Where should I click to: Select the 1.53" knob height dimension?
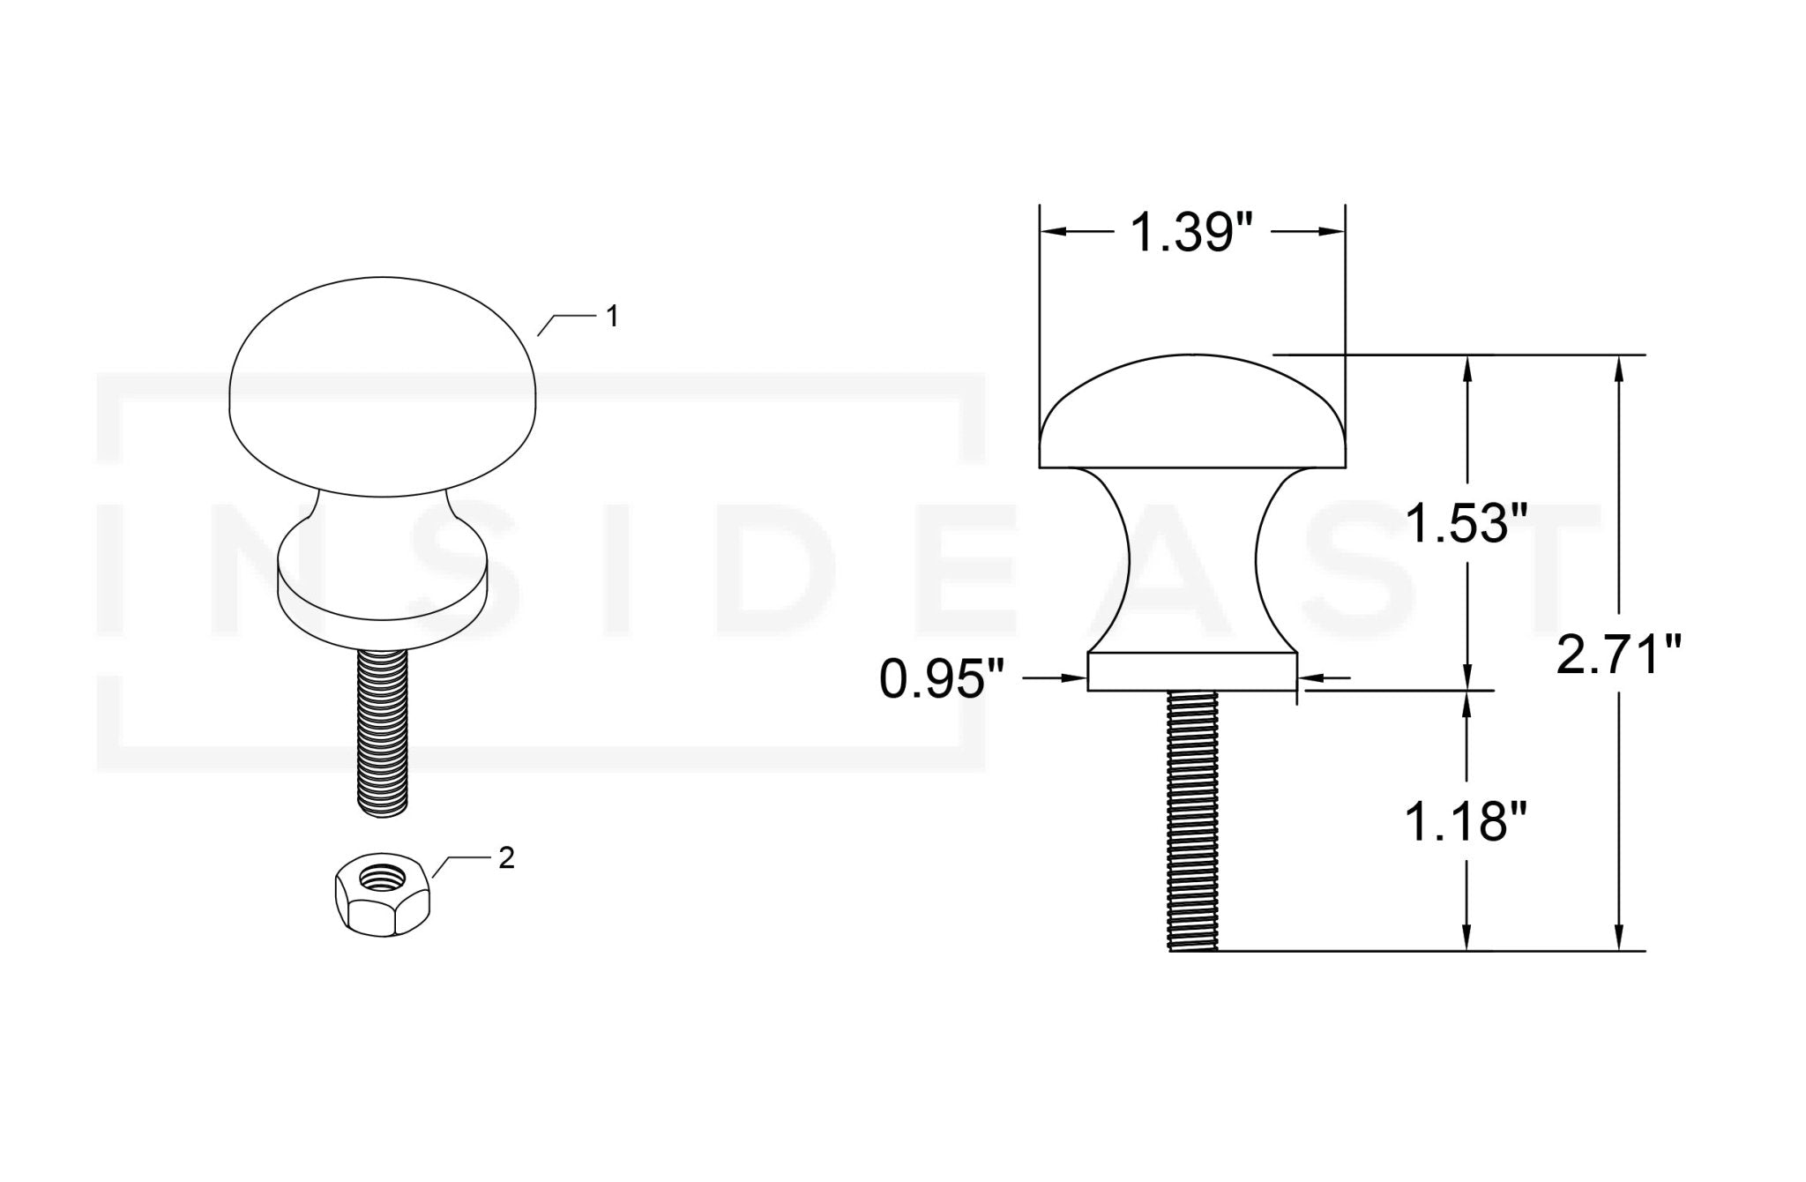[x=1465, y=523]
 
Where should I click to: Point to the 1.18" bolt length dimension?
[x=1465, y=822]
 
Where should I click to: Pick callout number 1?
[x=612, y=317]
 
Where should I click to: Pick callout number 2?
[x=506, y=858]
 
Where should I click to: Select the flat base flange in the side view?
[x=1192, y=672]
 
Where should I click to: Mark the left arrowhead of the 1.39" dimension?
[x=1055, y=231]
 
